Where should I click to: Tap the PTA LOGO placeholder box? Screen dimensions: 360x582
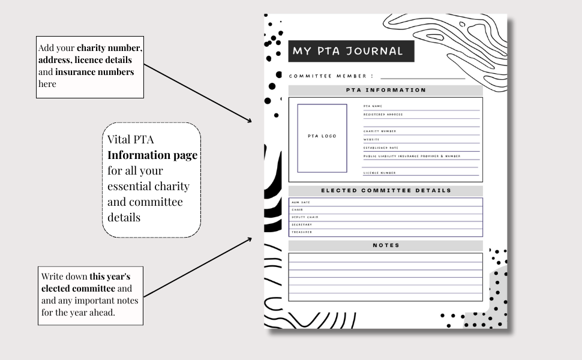(322, 137)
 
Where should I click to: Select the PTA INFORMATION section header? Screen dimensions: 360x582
(386, 91)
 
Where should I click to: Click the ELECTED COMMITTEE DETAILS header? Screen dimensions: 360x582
(386, 191)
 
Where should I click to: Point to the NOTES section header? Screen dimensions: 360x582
(386, 245)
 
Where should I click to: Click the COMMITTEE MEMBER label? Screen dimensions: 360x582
(331, 77)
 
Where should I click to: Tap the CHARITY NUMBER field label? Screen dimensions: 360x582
(379, 131)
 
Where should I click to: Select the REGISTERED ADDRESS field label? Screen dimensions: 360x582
(383, 115)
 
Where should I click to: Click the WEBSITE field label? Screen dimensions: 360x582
(371, 139)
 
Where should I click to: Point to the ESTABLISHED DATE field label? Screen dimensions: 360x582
(380, 148)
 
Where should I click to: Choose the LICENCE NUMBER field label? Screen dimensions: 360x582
(379, 173)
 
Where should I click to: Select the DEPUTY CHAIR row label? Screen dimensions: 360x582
(305, 217)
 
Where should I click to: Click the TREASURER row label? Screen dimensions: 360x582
(302, 232)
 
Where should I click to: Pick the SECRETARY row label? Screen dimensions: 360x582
(302, 224)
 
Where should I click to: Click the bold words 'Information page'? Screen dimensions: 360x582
(152, 155)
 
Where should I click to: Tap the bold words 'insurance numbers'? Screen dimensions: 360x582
(95, 72)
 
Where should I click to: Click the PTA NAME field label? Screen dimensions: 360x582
(373, 106)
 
